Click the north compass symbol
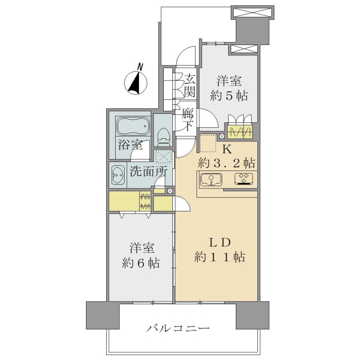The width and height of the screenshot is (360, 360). point(136,83)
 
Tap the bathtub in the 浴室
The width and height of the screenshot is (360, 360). point(133,126)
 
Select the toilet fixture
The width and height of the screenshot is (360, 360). point(163,136)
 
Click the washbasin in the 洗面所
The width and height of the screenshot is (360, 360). point(118,175)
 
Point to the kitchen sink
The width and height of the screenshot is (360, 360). point(211,179)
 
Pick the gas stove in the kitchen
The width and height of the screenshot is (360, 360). point(243,179)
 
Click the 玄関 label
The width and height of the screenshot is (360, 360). point(189,85)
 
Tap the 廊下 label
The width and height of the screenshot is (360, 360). point(187,119)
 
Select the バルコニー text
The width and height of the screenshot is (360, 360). point(178,328)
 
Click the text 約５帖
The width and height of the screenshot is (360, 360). point(229,96)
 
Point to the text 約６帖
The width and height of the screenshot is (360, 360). point(141,263)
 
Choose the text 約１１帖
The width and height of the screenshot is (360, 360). point(220,257)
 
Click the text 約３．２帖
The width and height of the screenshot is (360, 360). point(226,163)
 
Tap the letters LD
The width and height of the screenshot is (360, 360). point(219,243)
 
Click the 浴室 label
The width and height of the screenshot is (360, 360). point(130,145)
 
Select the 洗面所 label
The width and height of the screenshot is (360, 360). point(148,171)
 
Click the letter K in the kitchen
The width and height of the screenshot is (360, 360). point(227,150)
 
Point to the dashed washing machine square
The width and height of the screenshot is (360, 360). point(163,157)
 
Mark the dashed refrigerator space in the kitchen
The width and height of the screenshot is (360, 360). point(208,144)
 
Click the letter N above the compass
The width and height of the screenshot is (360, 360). point(140,67)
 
